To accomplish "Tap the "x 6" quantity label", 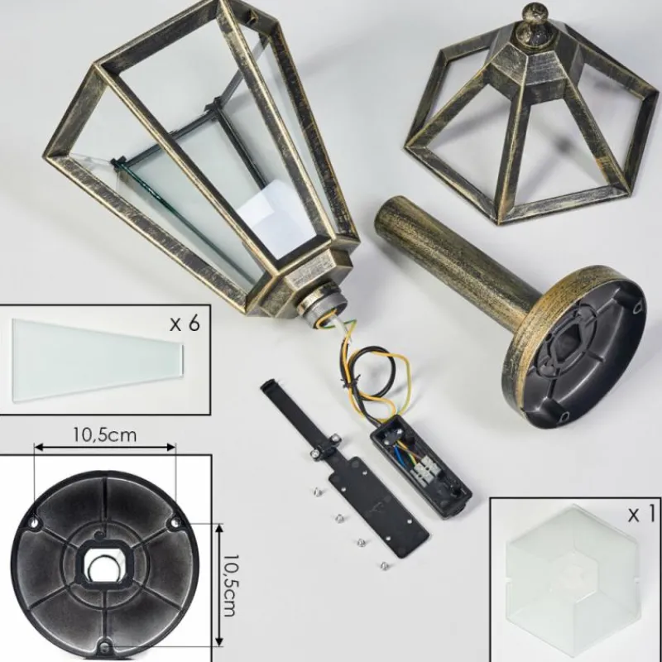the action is (x=185, y=324).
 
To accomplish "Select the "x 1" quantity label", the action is (x=641, y=515).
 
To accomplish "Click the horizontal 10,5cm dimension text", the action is (x=105, y=434).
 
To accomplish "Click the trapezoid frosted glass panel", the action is (x=98, y=360).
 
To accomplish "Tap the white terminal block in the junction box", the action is (x=424, y=472).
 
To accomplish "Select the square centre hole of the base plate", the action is (x=105, y=564).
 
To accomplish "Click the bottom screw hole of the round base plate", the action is (x=105, y=646).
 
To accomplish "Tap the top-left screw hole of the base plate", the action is (x=34, y=524).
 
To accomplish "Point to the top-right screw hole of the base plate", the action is (x=175, y=524).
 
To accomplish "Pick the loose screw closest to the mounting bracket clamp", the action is (x=318, y=491).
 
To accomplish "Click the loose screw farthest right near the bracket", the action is (x=384, y=566).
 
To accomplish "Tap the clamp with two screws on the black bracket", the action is (x=326, y=447).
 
